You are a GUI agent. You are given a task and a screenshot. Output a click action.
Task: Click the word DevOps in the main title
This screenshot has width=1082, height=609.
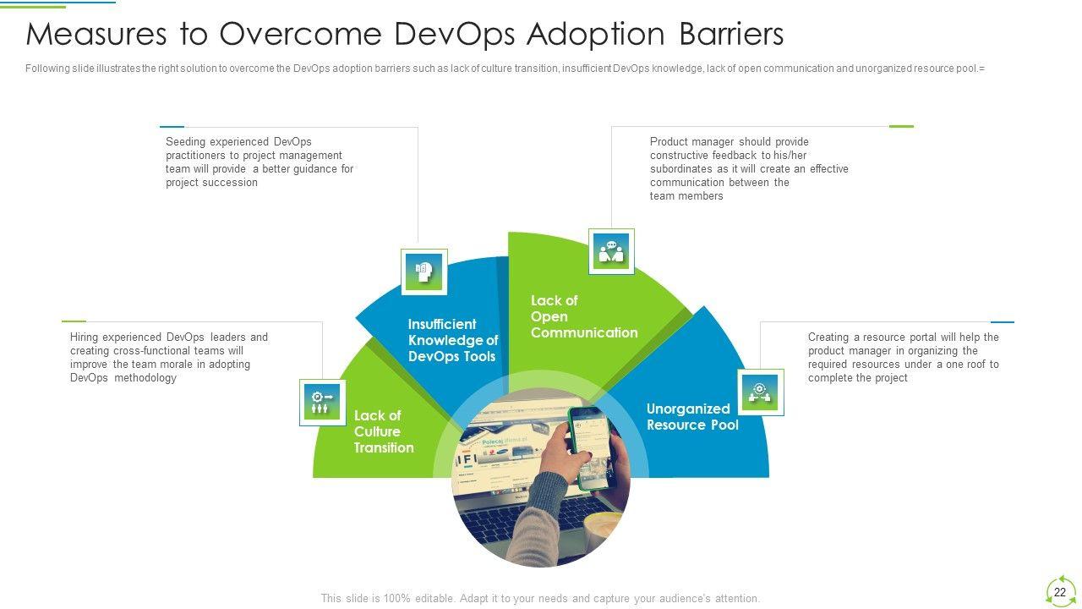click(454, 35)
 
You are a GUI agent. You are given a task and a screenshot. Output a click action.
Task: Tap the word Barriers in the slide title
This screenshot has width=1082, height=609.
click(731, 34)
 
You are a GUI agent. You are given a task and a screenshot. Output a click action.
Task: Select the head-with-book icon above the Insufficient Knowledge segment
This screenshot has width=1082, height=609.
click(424, 272)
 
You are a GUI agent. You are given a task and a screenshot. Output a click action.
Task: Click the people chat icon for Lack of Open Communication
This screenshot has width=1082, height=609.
click(611, 252)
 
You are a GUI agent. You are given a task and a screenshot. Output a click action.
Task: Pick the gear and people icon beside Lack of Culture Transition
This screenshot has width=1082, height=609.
click(323, 403)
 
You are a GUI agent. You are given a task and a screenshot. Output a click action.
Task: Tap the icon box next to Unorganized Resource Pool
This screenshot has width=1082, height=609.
click(760, 392)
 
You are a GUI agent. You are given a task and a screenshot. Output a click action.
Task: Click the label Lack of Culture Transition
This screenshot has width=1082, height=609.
click(384, 431)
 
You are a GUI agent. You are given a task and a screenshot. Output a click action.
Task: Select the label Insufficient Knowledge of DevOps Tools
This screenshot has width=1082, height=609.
click(452, 340)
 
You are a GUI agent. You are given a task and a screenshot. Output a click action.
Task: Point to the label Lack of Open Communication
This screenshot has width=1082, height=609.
click(584, 316)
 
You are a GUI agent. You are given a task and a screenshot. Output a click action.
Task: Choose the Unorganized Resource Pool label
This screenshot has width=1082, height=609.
click(692, 417)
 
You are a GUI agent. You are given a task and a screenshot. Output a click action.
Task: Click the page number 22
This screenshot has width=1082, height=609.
click(1060, 592)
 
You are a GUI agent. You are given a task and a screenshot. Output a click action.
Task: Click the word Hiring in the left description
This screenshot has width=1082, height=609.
click(84, 337)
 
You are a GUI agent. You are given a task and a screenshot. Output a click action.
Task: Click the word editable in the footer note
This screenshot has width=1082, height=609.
click(435, 598)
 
